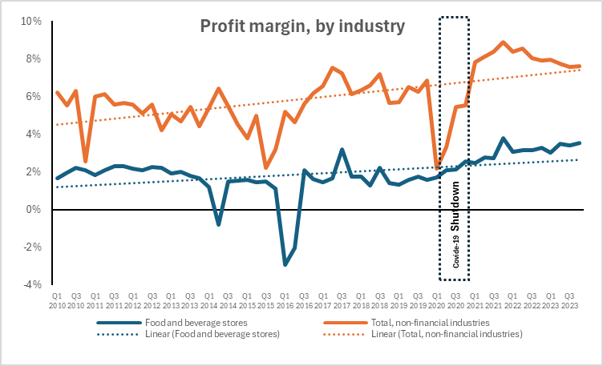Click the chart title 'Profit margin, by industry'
tap(301, 26)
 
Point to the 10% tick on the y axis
tap(30, 21)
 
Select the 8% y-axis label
tap(33, 58)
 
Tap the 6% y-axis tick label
tap(33, 96)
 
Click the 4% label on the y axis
tap(33, 134)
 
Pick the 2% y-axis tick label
tap(33, 171)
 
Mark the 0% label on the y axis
tap(33, 209)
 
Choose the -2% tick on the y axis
tap(31, 247)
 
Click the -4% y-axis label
tap(31, 284)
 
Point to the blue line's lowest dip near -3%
tap(285, 264)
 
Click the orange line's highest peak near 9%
tap(503, 42)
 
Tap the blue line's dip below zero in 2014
tap(218, 225)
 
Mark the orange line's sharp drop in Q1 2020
tap(437, 168)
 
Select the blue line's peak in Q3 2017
tap(342, 150)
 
